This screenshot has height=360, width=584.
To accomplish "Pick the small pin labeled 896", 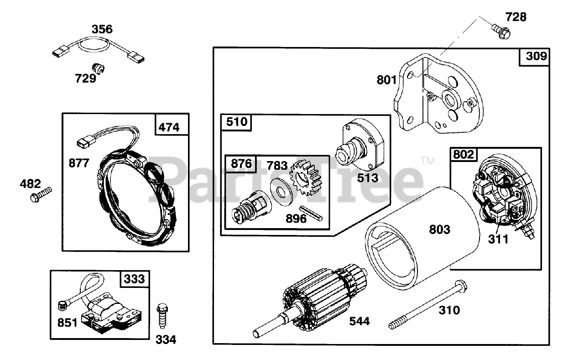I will click(313, 214).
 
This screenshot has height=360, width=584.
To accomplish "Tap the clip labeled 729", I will click(98, 68).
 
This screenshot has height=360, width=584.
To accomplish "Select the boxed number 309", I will click(536, 57).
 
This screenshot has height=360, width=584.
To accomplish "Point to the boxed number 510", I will click(236, 122).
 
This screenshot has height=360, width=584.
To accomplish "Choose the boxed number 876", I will click(240, 163).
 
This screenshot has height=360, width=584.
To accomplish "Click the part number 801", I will click(387, 80).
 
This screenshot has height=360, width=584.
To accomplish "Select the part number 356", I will click(102, 29).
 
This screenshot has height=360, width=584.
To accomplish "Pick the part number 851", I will click(68, 322).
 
